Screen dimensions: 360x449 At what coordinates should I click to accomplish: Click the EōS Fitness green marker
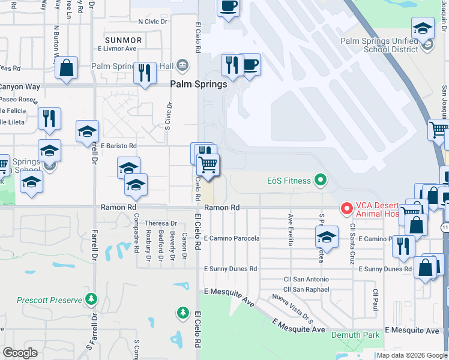(321, 179)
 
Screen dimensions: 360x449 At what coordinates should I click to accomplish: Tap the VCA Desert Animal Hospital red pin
(346, 208)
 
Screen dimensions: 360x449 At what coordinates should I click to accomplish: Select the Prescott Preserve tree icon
(91, 298)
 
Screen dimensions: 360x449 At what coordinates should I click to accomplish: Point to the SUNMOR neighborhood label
(123, 40)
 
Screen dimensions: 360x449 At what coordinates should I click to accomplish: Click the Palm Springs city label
(199, 85)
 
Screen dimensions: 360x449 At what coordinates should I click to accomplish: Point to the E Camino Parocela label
(232, 238)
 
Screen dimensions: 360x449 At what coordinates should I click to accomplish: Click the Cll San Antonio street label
(306, 279)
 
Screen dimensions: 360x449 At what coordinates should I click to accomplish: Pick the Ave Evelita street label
(291, 230)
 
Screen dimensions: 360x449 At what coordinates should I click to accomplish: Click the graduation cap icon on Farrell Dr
(87, 131)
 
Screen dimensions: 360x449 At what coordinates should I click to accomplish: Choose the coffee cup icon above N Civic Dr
(228, 8)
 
